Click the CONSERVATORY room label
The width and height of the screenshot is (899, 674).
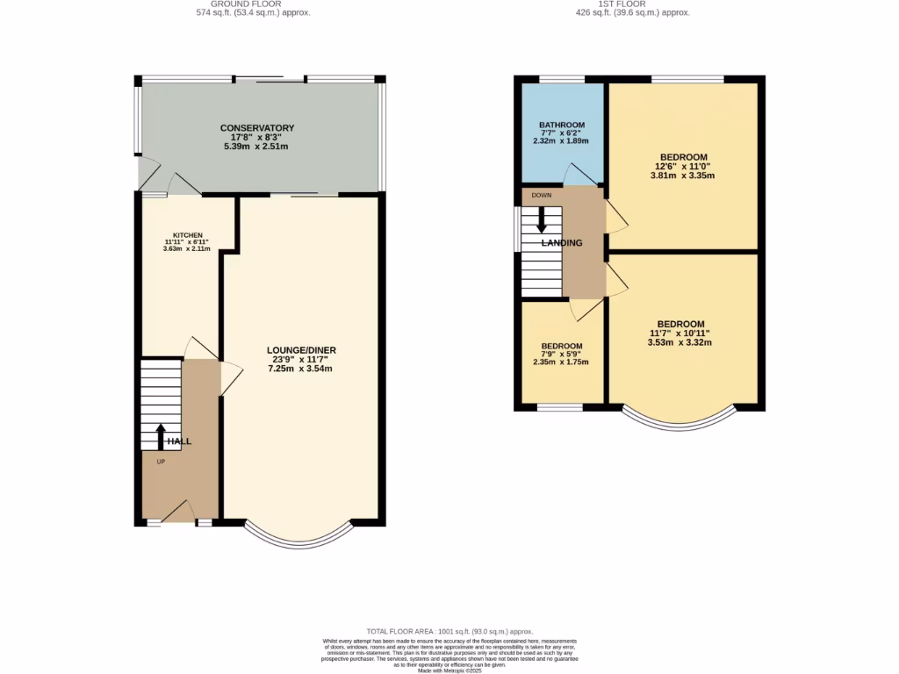point(256,128)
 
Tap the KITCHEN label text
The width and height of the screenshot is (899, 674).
point(187,235)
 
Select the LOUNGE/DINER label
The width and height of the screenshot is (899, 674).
point(301,350)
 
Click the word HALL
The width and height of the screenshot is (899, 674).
point(179,441)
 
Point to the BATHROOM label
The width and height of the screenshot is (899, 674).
point(562,125)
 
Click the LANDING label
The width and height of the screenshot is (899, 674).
point(562,243)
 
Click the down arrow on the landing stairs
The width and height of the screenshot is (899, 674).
point(542,217)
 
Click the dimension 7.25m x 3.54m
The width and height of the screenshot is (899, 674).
point(301,369)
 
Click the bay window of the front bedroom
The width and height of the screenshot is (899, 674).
point(682,420)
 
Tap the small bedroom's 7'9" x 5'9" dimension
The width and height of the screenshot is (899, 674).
point(562,354)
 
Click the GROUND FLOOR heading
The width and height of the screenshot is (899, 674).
point(253,4)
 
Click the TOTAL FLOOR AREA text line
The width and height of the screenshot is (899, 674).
point(449,632)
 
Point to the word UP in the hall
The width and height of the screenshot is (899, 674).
point(161,462)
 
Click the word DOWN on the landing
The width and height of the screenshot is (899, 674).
point(542,195)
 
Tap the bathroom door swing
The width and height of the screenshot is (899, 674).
point(580,175)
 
